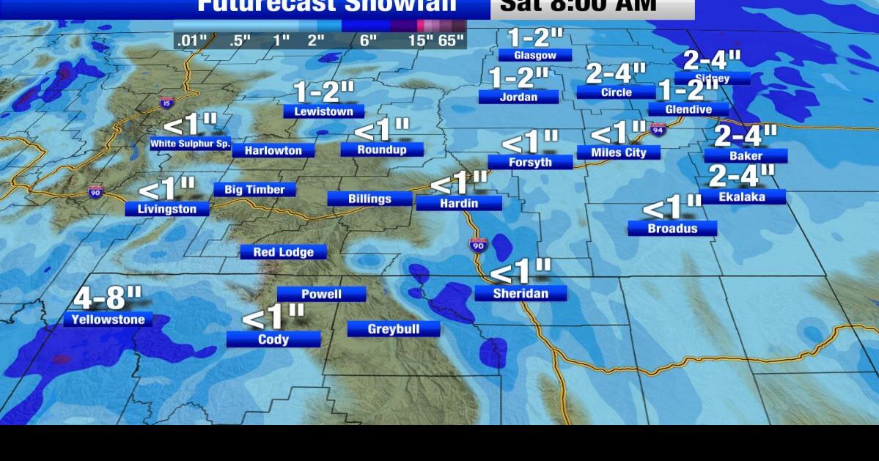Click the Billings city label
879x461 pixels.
click(369, 199)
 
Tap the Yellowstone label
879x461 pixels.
click(108, 320)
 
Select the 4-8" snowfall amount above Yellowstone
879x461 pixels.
click(108, 298)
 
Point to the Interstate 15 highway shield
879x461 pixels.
click(166, 103)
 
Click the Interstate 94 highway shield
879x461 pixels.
click(658, 130)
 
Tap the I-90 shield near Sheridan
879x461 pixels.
click(478, 246)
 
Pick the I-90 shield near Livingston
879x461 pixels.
click(95, 192)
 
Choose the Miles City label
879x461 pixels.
click(618, 152)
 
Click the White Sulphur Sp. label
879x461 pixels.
click(191, 144)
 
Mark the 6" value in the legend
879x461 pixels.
click(368, 40)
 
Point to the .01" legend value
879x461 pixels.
click(191, 40)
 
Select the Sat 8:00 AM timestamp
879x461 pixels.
click(578, 6)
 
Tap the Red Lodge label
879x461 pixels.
click(284, 252)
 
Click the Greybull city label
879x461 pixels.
click(394, 329)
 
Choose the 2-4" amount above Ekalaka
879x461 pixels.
click(742, 176)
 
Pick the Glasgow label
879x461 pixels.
click(534, 55)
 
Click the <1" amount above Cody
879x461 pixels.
click(273, 318)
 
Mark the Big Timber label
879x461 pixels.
click(254, 190)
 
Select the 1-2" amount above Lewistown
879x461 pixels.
click(323, 92)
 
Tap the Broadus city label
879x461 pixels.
click(672, 229)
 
